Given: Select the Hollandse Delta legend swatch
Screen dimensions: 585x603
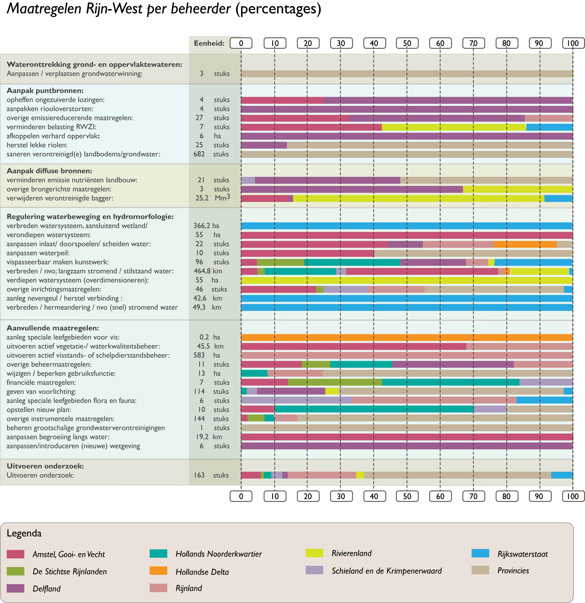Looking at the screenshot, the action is (158, 571).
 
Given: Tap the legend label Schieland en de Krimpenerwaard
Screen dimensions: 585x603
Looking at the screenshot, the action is (386, 571).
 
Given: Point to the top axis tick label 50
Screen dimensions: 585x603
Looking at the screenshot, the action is (407, 43).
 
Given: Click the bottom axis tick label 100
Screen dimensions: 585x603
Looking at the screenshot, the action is (573, 496).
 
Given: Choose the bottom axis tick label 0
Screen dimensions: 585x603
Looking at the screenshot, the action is (241, 496).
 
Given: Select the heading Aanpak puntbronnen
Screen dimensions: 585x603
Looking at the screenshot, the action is (45, 90).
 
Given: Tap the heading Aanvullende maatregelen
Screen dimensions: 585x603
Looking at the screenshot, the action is (53, 328).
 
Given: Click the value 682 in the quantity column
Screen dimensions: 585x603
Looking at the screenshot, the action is (199, 154).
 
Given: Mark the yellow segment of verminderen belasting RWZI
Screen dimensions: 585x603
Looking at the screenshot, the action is (454, 127).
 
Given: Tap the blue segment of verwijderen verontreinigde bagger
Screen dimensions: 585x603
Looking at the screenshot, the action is (559, 198).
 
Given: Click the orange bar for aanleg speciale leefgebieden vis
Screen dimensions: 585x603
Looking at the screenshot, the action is (407, 337).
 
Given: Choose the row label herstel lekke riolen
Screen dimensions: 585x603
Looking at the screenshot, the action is (37, 145).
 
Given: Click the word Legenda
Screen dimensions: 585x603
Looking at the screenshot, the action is (24, 533).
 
